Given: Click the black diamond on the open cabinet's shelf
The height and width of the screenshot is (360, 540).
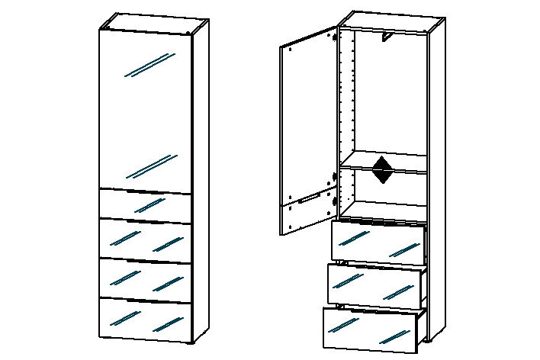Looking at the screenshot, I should pyautogui.click(x=382, y=171).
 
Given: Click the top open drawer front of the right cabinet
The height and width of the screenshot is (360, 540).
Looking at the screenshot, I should pyautogui.click(x=378, y=243).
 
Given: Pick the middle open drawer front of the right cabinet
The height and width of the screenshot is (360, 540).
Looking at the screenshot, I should pyautogui.click(x=374, y=284).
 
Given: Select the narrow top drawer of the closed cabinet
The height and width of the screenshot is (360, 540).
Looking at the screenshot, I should pyautogui.click(x=145, y=205).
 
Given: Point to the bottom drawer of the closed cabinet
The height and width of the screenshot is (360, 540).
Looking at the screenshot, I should pyautogui.click(x=145, y=319).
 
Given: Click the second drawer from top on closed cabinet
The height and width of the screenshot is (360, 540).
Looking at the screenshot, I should pyautogui.click(x=145, y=241).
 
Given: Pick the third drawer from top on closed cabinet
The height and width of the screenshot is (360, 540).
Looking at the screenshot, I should pyautogui.click(x=145, y=279).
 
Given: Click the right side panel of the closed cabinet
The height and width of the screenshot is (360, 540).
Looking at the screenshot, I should pyautogui.click(x=199, y=183).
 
